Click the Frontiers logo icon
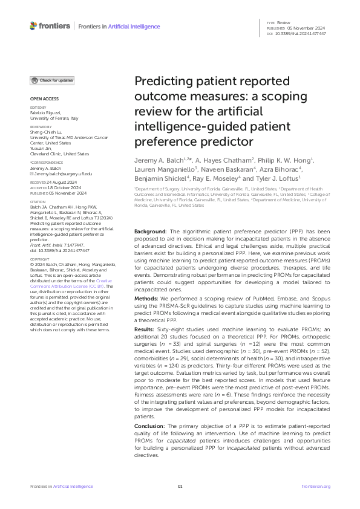33,27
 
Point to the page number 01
180,486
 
